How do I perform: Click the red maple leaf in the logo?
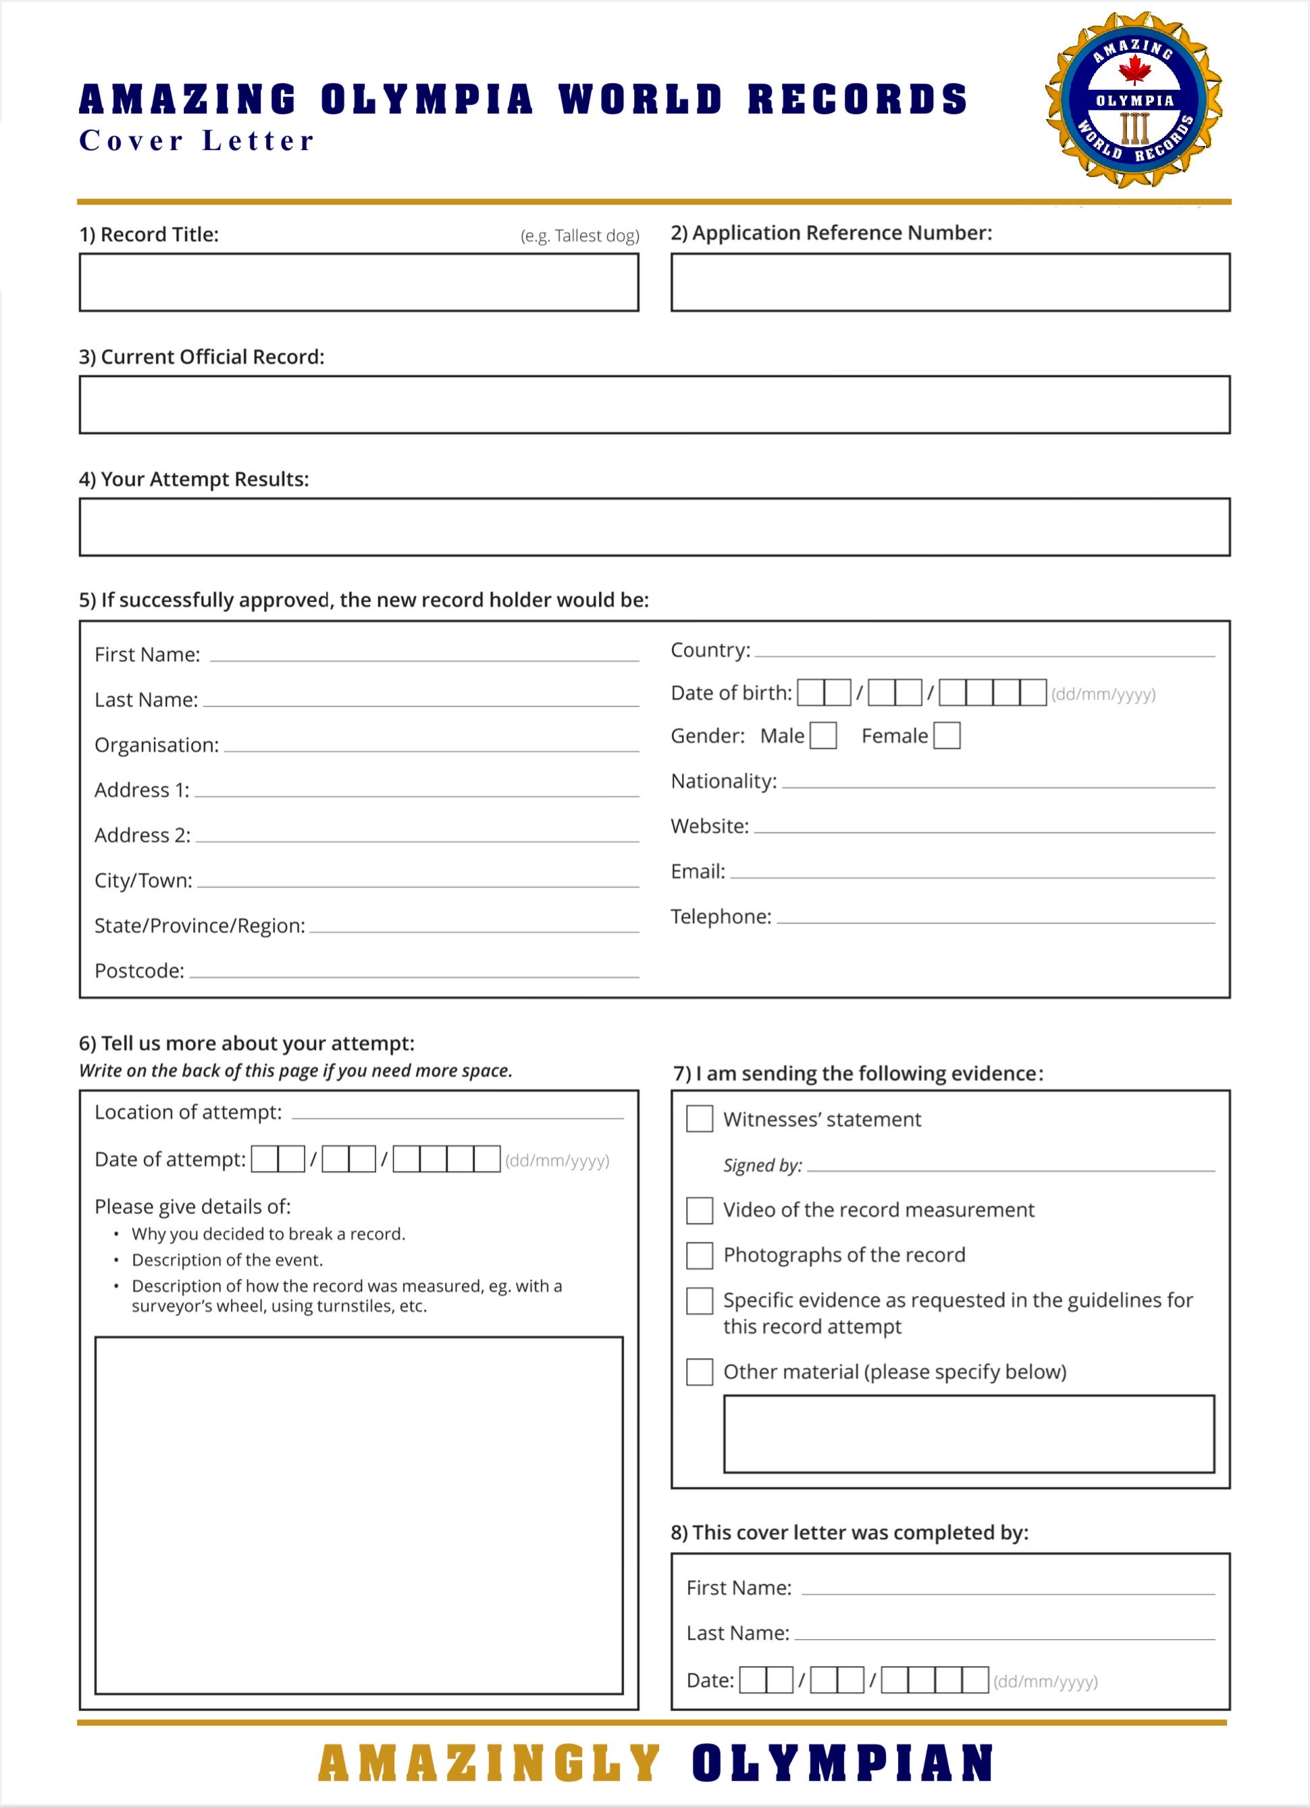[1134, 70]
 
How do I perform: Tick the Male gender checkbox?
[823, 735]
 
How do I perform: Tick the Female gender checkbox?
[947, 735]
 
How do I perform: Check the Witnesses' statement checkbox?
[700, 1118]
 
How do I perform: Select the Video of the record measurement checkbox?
[700, 1210]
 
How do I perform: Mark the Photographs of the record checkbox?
[700, 1255]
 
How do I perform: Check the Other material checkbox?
[700, 1372]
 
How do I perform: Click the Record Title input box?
[359, 282]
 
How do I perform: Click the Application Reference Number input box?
[950, 282]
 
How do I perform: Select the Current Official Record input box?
[654, 405]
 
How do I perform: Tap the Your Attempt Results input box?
[654, 527]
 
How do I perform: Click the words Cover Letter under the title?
[196, 141]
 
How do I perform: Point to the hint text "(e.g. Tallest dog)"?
[579, 236]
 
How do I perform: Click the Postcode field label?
[140, 971]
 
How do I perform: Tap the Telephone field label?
[721, 917]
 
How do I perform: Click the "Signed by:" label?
[762, 1165]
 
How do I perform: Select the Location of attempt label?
[188, 1112]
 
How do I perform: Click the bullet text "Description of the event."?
[227, 1260]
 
